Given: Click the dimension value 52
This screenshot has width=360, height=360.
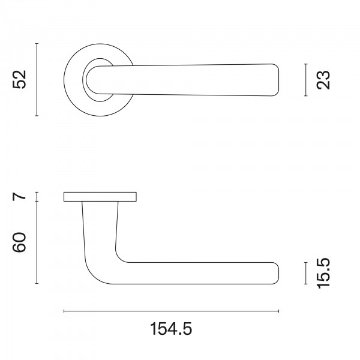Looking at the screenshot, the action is pos(19,79).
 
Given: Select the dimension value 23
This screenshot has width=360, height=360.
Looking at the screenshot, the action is pos(323,80).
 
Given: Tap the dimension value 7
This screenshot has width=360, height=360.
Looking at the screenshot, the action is pos(19,197).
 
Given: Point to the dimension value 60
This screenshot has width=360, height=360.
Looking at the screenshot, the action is pos(19,242).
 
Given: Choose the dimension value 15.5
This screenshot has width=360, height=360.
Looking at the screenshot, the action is pos(323,273).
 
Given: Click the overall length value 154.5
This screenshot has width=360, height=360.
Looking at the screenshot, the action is pos(171,329).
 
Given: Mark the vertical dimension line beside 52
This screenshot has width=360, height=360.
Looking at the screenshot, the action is pos(37,79).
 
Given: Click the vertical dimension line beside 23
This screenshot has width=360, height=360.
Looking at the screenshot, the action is pos(305,80).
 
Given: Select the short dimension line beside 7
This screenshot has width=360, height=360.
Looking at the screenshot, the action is pos(37,197).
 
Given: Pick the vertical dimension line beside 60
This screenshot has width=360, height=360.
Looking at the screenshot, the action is pos(37,242).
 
